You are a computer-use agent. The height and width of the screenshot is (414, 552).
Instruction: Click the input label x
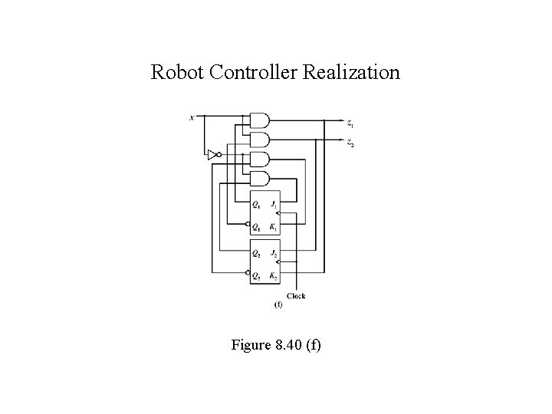[192, 117]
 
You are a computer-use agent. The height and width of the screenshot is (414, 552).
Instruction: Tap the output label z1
[350, 123]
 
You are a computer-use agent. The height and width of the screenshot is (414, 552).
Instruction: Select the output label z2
[350, 143]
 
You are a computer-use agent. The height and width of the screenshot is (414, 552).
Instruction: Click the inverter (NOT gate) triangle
[212, 155]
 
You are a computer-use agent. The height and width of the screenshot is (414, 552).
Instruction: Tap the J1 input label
[273, 205]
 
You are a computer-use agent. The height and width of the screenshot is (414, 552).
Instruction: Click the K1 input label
[273, 226]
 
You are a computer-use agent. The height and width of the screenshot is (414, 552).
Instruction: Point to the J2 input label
[273, 252]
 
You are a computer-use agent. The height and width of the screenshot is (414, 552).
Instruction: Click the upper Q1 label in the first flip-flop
[257, 205]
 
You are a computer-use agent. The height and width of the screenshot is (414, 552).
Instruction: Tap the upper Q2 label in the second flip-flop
[257, 252]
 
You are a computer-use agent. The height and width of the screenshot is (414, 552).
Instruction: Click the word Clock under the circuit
[296, 296]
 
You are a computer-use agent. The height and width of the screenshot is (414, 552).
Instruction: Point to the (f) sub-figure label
[278, 305]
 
